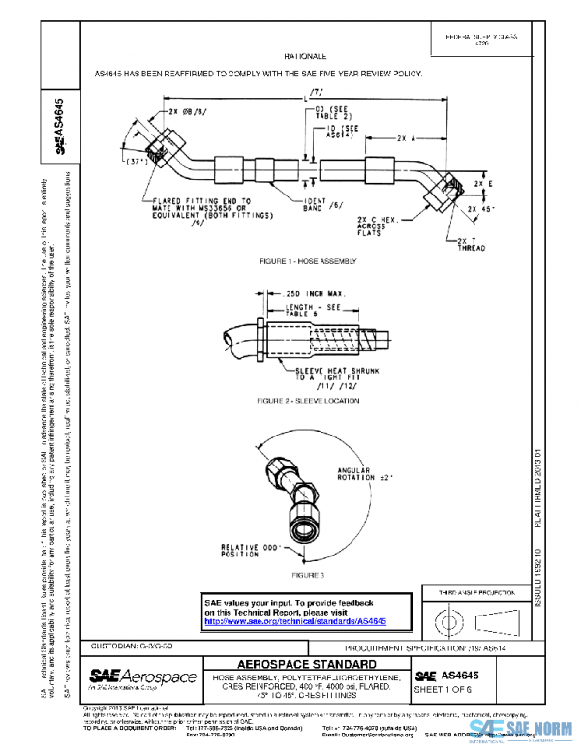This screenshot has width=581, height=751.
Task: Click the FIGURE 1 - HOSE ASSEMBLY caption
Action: tap(307, 261)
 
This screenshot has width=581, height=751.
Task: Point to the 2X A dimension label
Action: tap(405, 138)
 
